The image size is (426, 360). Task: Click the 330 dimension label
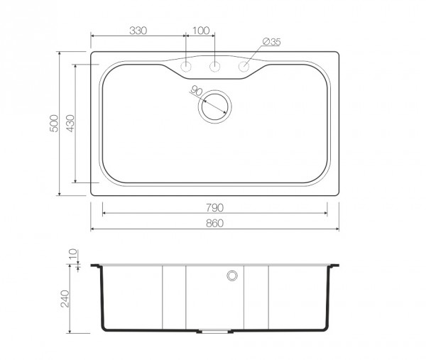(x=138, y=31)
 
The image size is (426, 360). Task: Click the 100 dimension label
(x=201, y=31)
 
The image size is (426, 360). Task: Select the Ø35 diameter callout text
(x=272, y=42)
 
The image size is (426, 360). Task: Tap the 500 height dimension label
(x=54, y=124)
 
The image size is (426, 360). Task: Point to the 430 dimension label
(x=70, y=124)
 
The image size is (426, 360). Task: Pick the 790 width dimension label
(x=214, y=208)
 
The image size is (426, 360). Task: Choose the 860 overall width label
(x=214, y=224)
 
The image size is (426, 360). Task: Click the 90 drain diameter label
(x=196, y=90)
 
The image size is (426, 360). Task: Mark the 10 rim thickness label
(x=73, y=254)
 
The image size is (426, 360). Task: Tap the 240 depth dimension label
(x=65, y=299)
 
